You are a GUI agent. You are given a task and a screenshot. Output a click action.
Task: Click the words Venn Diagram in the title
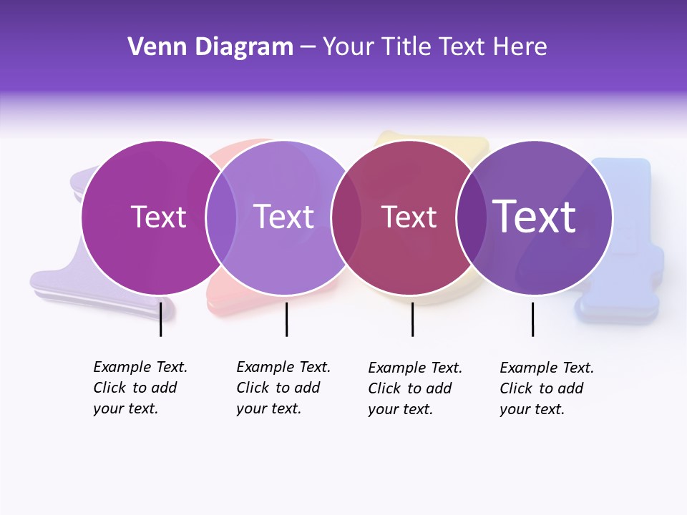[x=210, y=47]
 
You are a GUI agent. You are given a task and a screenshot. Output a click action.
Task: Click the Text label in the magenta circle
[x=158, y=217]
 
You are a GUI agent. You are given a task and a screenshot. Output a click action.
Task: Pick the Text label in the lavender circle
[x=283, y=217]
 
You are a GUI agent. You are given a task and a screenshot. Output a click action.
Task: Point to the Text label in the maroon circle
[x=409, y=217]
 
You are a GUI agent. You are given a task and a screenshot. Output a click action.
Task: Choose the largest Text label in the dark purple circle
[x=535, y=217]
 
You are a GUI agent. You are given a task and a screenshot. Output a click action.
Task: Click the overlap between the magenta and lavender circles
[x=222, y=217]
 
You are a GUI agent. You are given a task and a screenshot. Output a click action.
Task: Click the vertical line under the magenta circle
[x=161, y=319]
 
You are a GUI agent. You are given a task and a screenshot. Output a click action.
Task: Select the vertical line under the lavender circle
[x=286, y=319]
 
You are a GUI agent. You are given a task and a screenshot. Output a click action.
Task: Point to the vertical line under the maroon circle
[x=412, y=319]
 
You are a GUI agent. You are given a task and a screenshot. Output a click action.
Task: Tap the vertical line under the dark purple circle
[x=532, y=319]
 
